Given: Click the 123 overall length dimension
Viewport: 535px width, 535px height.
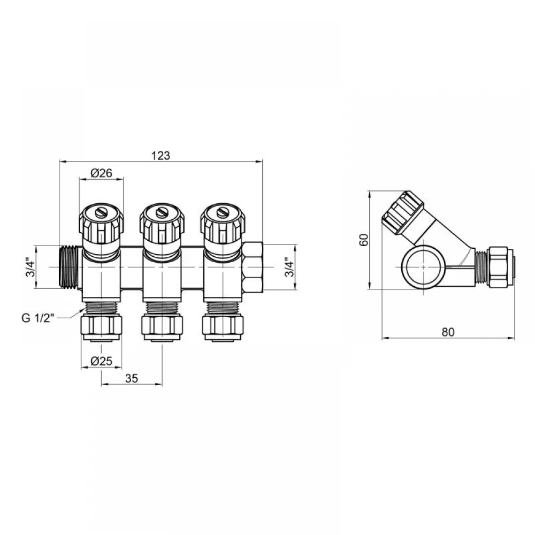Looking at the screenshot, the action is [160, 156].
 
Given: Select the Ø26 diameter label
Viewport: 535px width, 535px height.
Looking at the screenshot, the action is [101, 173].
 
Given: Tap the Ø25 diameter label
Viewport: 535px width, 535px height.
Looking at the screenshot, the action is [101, 361].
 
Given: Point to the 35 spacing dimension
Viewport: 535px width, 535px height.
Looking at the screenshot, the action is [132, 378].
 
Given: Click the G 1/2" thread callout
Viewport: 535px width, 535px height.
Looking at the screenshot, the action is [38, 318].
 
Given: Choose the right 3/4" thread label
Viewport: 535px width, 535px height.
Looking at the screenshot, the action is [289, 267].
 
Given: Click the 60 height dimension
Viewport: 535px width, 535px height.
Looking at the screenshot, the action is [364, 240].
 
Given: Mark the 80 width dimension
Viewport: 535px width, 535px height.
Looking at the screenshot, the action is [448, 332].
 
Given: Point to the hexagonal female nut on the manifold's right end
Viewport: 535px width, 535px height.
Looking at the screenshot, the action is [253, 267].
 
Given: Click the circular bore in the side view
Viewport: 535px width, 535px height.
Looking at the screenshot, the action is [423, 267].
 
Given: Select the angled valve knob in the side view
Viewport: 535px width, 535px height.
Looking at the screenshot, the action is [403, 213].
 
